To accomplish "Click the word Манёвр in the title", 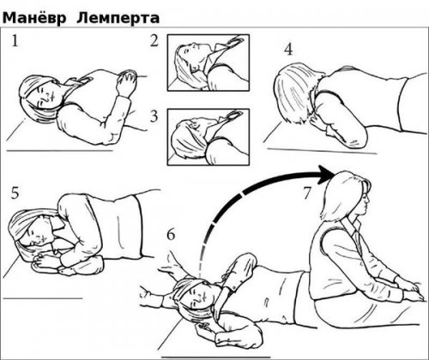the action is tap(34, 18).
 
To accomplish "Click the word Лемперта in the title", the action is tap(118, 19).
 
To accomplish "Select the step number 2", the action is tap(154, 40).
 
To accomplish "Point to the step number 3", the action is tap(154, 116).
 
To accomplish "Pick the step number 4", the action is tap(288, 50).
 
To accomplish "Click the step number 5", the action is tap(15, 193).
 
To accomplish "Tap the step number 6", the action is tap(171, 235).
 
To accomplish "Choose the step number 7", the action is tap(306, 194).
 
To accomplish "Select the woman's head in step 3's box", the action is tap(189, 140).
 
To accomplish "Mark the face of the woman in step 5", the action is tap(37, 232).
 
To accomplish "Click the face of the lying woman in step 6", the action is tap(199, 295).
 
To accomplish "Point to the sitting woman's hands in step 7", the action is tap(412, 291).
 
